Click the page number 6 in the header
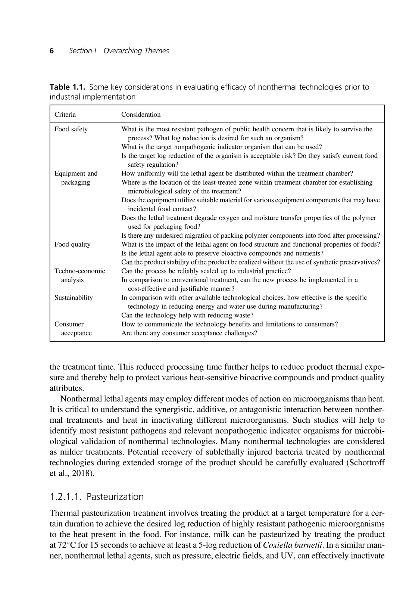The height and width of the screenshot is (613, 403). [52, 51]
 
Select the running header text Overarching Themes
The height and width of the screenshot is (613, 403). [136, 51]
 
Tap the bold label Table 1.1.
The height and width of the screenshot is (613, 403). [68, 87]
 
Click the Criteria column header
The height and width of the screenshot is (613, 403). [65, 115]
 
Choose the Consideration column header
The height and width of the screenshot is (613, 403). [141, 115]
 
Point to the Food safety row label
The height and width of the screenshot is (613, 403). [71, 129]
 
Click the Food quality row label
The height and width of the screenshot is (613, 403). [72, 244]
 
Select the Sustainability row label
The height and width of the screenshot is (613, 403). [74, 297]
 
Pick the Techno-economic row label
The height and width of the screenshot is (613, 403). [79, 271]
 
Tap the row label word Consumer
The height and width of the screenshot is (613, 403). [69, 324]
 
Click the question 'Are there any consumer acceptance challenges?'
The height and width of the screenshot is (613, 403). [189, 333]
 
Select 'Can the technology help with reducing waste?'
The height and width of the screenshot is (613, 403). [187, 315]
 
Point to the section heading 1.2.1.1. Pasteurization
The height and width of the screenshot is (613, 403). [97, 497]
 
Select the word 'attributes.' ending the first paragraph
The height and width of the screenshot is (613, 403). [66, 388]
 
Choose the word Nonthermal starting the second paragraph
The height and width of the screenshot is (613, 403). [80, 399]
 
